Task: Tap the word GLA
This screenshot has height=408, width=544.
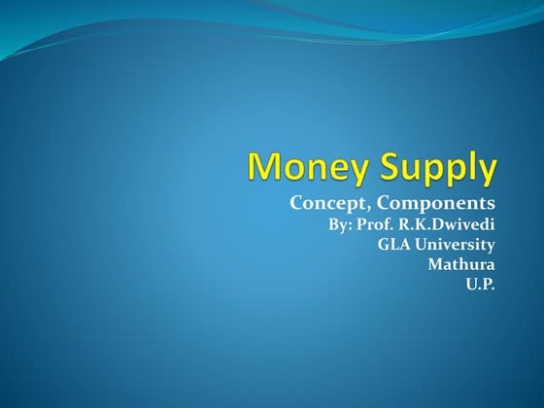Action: [393, 244]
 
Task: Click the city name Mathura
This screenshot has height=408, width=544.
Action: [461, 263]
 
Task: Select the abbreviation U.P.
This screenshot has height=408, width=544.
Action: [481, 283]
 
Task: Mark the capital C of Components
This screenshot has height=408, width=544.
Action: [386, 203]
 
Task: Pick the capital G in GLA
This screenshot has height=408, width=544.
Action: [383, 244]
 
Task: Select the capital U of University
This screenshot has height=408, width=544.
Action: [419, 244]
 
